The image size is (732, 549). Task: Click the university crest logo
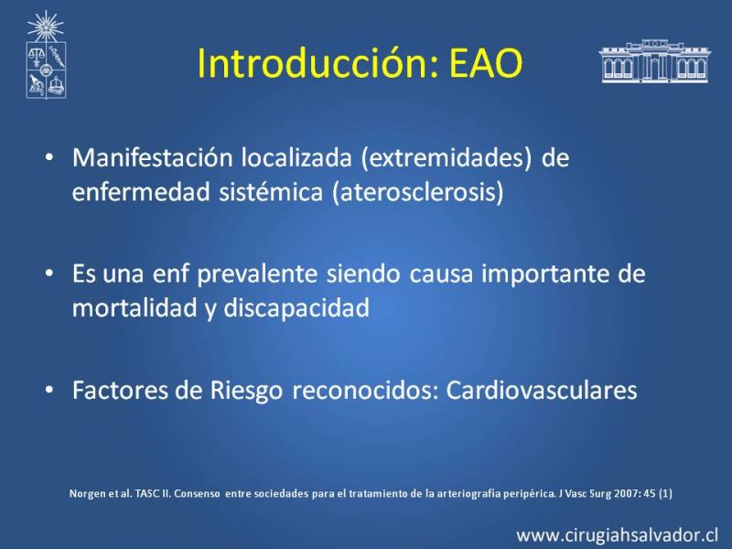tap(46, 55)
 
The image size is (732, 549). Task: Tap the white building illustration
tap(654, 61)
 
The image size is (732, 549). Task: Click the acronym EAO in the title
tap(486, 63)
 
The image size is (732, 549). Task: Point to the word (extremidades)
tap(447, 157)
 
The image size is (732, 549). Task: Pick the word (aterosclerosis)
tap(418, 192)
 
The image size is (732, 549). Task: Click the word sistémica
tap(271, 192)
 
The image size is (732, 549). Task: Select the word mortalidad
tap(135, 307)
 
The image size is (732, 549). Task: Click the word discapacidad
tap(296, 308)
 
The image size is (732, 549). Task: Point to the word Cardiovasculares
tap(542, 391)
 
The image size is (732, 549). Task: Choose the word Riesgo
tap(246, 392)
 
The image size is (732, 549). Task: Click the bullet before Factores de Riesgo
tap(49, 390)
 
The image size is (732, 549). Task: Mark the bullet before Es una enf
tap(49, 273)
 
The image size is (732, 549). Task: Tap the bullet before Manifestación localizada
tap(49, 156)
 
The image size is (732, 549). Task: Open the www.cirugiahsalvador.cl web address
tap(617, 535)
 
